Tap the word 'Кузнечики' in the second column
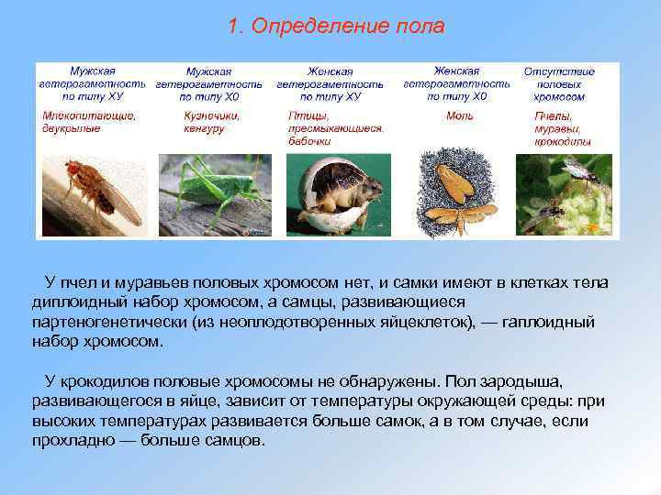pos(212,115)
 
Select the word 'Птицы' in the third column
pos(304,115)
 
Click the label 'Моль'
pos(459,115)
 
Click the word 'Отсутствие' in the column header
pos(558,71)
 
